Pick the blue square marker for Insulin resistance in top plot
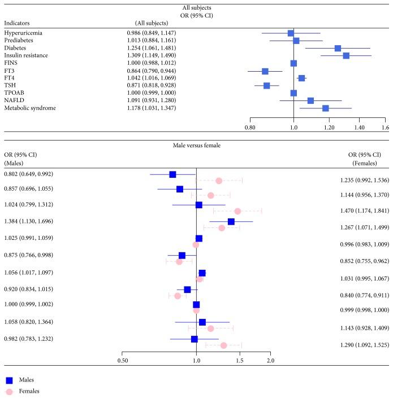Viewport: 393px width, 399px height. (346, 55)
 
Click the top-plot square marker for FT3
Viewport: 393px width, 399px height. (265, 71)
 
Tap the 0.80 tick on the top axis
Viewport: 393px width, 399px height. (250, 128)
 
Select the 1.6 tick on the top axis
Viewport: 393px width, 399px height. (386, 128)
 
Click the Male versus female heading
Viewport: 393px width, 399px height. (196, 146)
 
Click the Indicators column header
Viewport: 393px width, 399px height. (17, 23)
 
